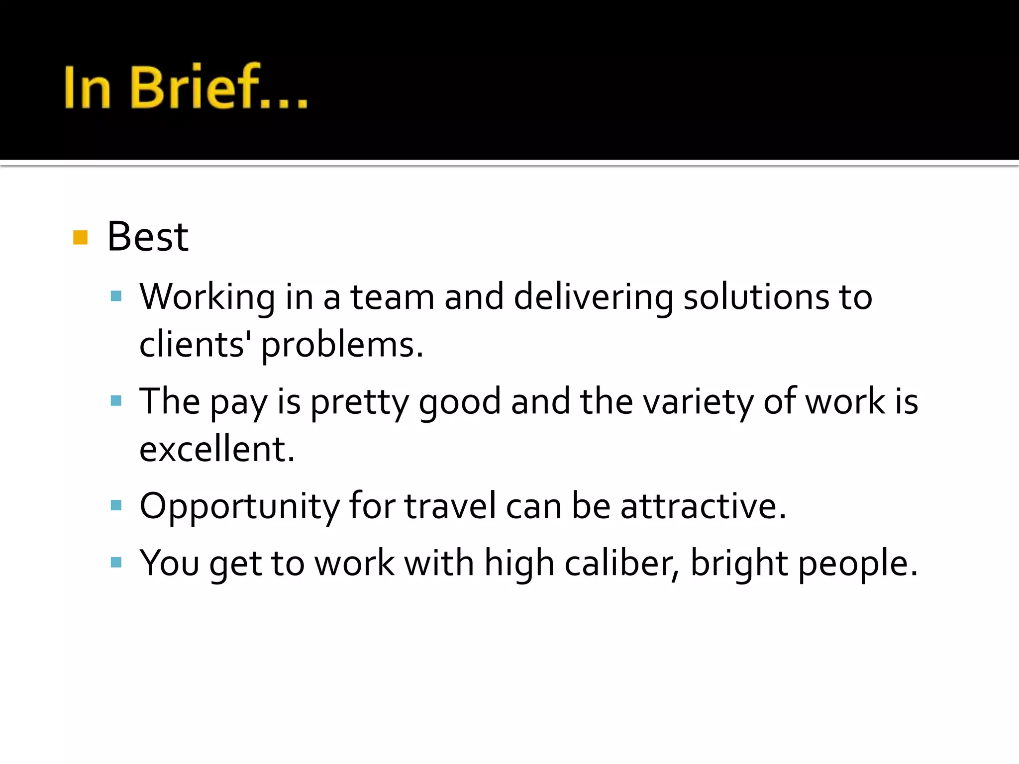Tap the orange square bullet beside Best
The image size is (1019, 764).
[80, 238]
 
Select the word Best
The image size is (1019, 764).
[148, 237]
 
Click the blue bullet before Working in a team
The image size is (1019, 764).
[116, 297]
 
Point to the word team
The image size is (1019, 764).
[392, 297]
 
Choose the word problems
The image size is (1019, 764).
[342, 345]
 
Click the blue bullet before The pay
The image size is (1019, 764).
[116, 401]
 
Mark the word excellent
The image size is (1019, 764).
[217, 449]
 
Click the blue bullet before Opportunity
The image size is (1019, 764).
[116, 506]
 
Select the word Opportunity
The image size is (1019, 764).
[239, 507]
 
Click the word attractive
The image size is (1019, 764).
[703, 506]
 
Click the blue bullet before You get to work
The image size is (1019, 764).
[116, 563]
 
